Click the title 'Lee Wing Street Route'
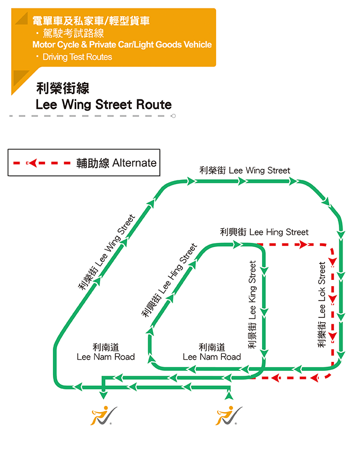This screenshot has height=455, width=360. click(104, 104)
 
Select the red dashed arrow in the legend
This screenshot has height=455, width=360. click(42, 163)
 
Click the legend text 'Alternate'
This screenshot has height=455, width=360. click(134, 163)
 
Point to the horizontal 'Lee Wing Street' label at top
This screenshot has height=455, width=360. click(245, 170)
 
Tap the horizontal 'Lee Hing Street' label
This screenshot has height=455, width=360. click(264, 232)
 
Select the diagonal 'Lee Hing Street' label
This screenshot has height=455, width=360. click(169, 280)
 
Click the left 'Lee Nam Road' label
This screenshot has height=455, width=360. click(106, 352)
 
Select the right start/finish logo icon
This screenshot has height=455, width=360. click(228, 415)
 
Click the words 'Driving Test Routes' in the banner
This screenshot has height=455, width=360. click(77, 57)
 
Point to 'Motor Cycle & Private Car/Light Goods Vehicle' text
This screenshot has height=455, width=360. click(122, 45)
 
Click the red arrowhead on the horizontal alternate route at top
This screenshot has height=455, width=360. click(302, 245)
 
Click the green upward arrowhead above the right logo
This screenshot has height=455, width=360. click(229, 394)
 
